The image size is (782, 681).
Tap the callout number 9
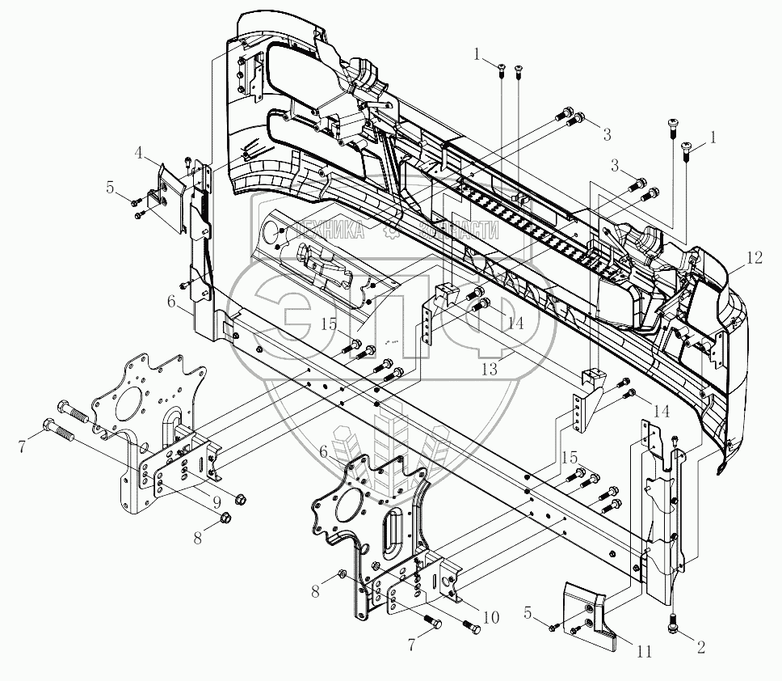pyautogui.click(x=217, y=501)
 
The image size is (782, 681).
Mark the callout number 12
pyautogui.click(x=753, y=259)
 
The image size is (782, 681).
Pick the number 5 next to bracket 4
pyautogui.click(x=110, y=189)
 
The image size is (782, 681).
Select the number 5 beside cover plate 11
pyautogui.click(x=528, y=615)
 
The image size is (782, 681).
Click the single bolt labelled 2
pyautogui.click(x=673, y=625)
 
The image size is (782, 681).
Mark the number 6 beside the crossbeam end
pyautogui.click(x=170, y=301)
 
